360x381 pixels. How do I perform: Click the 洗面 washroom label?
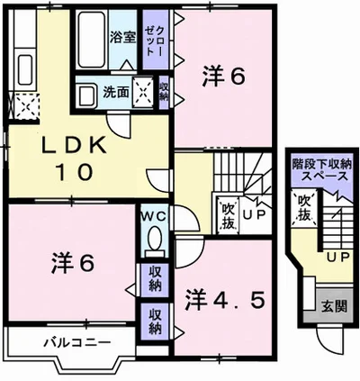click(x=115, y=90)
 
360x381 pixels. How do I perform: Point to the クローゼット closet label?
click(x=153, y=40)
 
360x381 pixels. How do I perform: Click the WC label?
click(x=151, y=217)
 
